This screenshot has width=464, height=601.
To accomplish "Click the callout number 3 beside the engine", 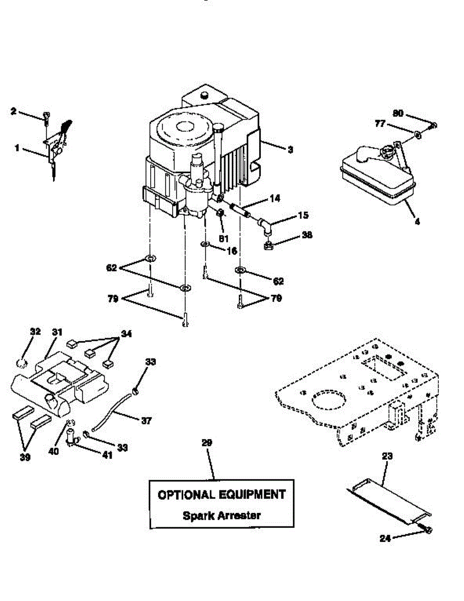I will coord(290,149).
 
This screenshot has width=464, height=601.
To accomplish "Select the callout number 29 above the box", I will coord(207,443).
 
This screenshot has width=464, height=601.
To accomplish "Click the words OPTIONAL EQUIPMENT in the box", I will coord(221,495).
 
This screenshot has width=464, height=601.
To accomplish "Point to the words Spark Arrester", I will coord(221,515).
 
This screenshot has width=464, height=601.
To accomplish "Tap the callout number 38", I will coord(306,234).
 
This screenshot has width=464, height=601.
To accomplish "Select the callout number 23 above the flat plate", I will coord(387,456).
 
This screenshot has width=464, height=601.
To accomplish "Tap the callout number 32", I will coord(35,332).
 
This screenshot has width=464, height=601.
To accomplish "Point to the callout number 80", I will coord(398,114).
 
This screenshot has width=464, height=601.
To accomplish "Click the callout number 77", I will coord(380,123).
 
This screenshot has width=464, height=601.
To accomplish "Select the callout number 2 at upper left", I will coord(13,111).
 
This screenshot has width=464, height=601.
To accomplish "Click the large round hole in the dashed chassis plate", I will coord(328,401).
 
